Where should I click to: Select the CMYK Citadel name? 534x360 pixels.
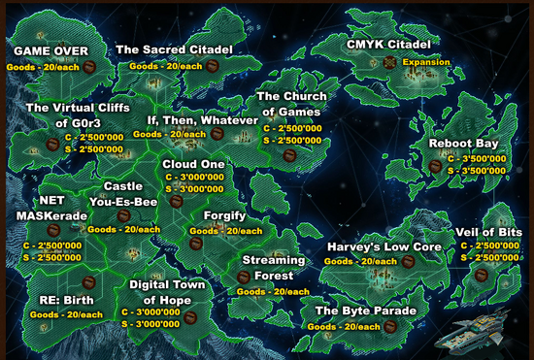[388, 45]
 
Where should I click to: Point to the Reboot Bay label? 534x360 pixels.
[464, 143]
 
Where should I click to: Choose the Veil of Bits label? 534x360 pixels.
[488, 233]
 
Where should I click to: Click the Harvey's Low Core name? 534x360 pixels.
[384, 247]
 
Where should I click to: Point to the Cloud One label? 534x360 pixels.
[194, 164]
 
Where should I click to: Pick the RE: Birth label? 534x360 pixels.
[66, 300]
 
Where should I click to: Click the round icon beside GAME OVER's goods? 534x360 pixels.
[88, 67]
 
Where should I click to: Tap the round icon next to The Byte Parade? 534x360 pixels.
[391, 327]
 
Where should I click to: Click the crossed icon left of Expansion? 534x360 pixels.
[389, 61]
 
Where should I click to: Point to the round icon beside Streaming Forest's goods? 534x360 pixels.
[245, 278]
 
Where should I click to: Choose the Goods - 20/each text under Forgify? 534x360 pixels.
[225, 231]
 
